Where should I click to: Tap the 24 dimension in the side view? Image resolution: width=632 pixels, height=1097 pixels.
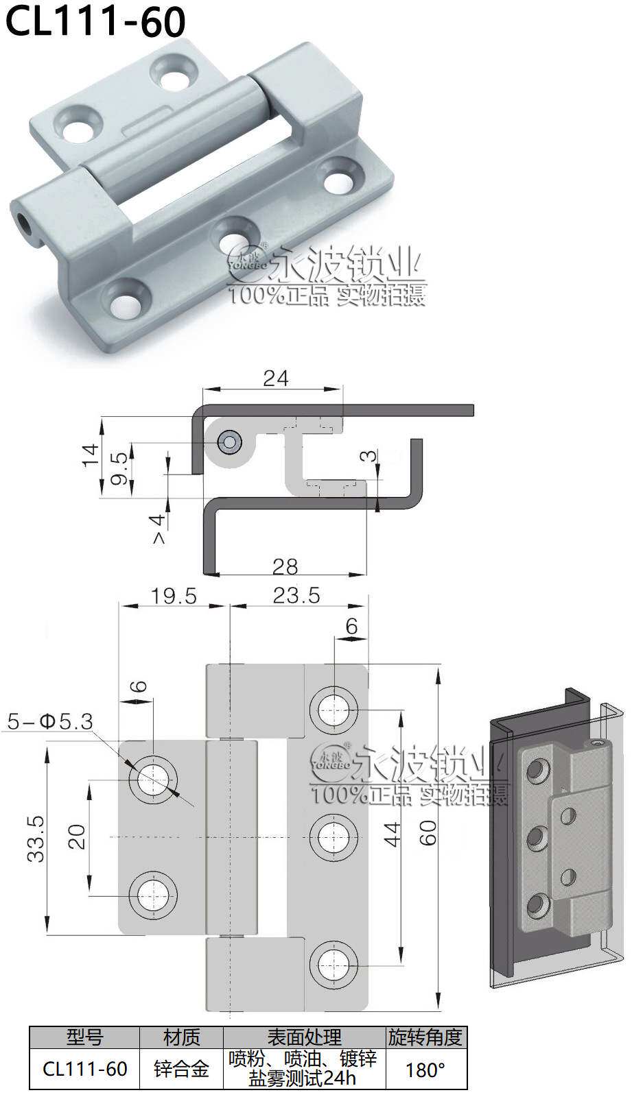(275, 378)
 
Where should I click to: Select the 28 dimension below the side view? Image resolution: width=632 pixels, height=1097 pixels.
(285, 566)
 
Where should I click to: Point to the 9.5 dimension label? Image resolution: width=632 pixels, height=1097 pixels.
(119, 468)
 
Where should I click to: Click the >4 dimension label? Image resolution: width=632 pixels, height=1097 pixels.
(158, 529)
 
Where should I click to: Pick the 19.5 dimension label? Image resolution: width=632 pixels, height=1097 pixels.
(174, 595)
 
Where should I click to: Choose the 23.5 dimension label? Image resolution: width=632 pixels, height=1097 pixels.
(296, 595)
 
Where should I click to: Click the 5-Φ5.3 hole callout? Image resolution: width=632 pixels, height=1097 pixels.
(50, 721)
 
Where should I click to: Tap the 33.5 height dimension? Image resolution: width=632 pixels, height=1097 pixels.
(36, 838)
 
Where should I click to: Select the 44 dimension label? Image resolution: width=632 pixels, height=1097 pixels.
(392, 834)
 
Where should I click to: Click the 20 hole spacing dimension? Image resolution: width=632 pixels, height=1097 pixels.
(77, 837)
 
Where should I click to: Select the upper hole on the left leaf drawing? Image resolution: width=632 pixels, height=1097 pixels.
(153, 780)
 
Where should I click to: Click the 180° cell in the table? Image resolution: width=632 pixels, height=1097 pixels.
(425, 1070)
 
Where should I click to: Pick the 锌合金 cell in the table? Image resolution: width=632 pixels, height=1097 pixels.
(181, 1070)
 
